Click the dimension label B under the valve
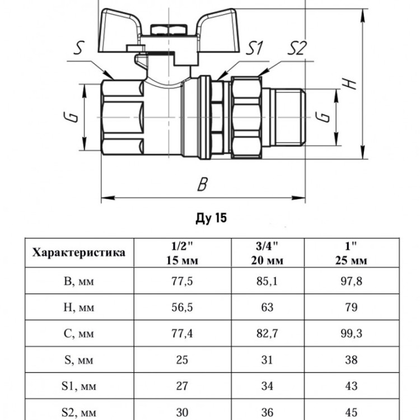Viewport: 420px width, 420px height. coord(203,184)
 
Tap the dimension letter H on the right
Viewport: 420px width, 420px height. coord(349,84)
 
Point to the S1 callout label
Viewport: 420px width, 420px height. coord(254,48)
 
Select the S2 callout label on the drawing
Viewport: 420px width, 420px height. coord(297,48)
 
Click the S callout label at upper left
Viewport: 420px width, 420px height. coord(79,48)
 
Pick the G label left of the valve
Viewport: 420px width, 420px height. coord(71,118)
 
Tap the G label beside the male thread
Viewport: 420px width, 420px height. coord(322,117)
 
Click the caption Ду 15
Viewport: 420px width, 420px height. coord(211,218)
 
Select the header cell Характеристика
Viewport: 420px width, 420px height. coord(79,253)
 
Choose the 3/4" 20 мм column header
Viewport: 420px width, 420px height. coord(267,253)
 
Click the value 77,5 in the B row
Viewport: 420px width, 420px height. coord(182,281)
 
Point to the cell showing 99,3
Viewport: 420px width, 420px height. coord(351,334)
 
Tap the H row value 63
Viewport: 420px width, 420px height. coord(267,307)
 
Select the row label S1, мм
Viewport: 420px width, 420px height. coord(78,386)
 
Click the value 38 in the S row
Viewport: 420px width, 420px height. coord(351,360)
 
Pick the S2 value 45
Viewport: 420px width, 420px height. coord(351,412)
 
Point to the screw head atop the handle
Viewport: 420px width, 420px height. coord(169,30)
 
